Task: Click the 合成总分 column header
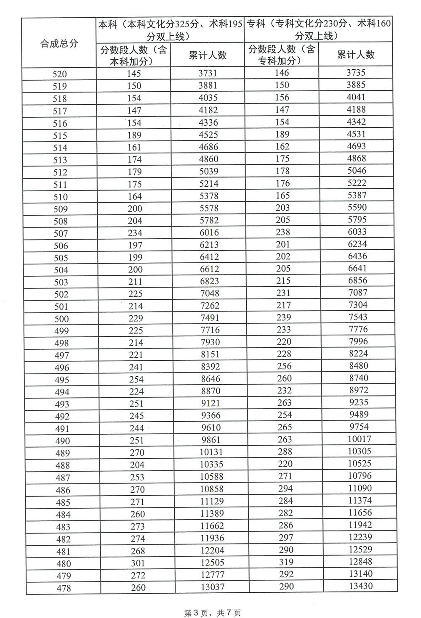coord(59,43)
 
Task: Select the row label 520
coord(60,74)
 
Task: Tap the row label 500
coord(61,319)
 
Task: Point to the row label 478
coord(63,588)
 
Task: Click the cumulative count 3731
coord(208,73)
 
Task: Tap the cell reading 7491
coord(209,318)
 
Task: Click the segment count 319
coord(285,562)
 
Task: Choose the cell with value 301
coord(137,563)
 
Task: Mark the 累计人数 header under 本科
coord(208,55)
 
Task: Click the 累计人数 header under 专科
coord(356,54)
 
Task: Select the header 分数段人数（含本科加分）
coord(133,55)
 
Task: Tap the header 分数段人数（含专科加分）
coord(281,55)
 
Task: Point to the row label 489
coord(62,453)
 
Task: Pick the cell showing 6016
coord(209,232)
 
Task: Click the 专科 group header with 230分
coord(318,29)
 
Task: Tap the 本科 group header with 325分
coord(171,30)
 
